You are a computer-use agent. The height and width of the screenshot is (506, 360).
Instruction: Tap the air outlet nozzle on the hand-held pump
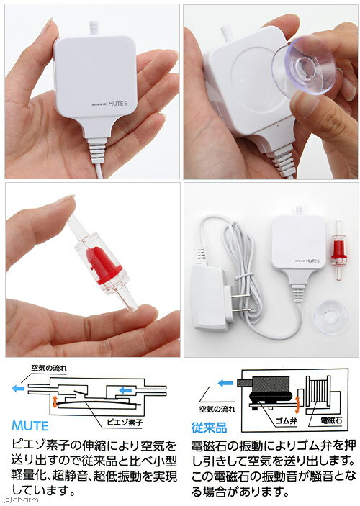pyautogui.click(x=94, y=27)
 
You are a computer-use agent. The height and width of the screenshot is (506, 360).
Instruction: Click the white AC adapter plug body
pyautogui.click(x=208, y=297)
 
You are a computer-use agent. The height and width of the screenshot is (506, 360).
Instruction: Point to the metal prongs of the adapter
pyautogui.click(x=240, y=302)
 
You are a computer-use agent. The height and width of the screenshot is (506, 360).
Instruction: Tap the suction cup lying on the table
pyautogui.click(x=331, y=317)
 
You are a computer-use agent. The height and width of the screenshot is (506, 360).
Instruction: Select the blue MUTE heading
pyautogui.click(x=30, y=425)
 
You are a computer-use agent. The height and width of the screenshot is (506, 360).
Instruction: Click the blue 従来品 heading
pyautogui.click(x=209, y=428)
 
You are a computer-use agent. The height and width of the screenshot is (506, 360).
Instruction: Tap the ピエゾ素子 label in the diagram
pyautogui.click(x=125, y=422)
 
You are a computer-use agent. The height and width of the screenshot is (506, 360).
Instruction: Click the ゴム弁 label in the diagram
pyautogui.click(x=286, y=421)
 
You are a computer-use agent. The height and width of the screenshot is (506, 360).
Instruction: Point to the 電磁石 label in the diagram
pyautogui.click(x=331, y=420)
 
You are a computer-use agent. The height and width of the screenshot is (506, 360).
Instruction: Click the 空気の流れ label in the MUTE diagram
pyautogui.click(x=49, y=368)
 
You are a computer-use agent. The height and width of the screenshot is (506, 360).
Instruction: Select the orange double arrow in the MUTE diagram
pyautogui.click(x=55, y=402)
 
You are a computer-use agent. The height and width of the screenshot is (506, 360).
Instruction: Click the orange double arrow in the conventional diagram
pyautogui.click(x=297, y=405)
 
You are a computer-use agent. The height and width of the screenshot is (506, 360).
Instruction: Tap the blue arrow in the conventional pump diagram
pyautogui.click(x=225, y=383)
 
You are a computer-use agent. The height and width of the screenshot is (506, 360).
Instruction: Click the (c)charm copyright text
pyautogui.click(x=19, y=500)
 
